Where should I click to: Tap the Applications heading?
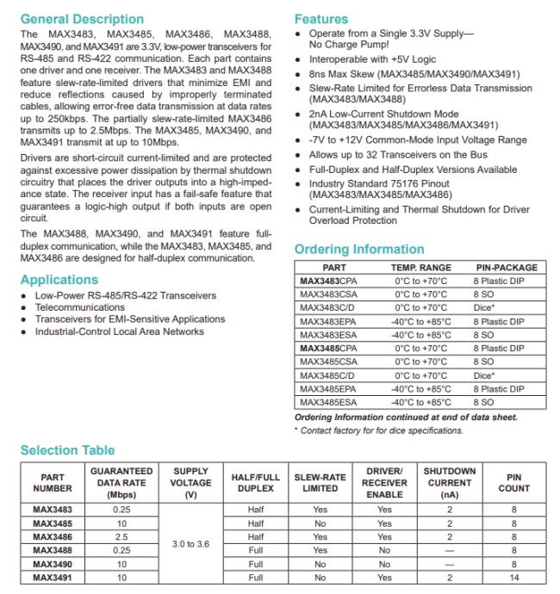pyautogui.click(x=59, y=280)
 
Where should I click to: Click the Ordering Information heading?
pyautogui.click(x=359, y=250)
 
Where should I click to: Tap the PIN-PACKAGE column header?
pyautogui.click(x=506, y=268)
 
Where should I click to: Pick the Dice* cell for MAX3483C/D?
pyautogui.click(x=484, y=307)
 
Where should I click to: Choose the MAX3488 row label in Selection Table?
pyautogui.click(x=53, y=549)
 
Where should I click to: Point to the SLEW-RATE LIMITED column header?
pyautogui.click(x=320, y=482)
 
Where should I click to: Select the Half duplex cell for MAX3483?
pyautogui.click(x=254, y=509)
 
